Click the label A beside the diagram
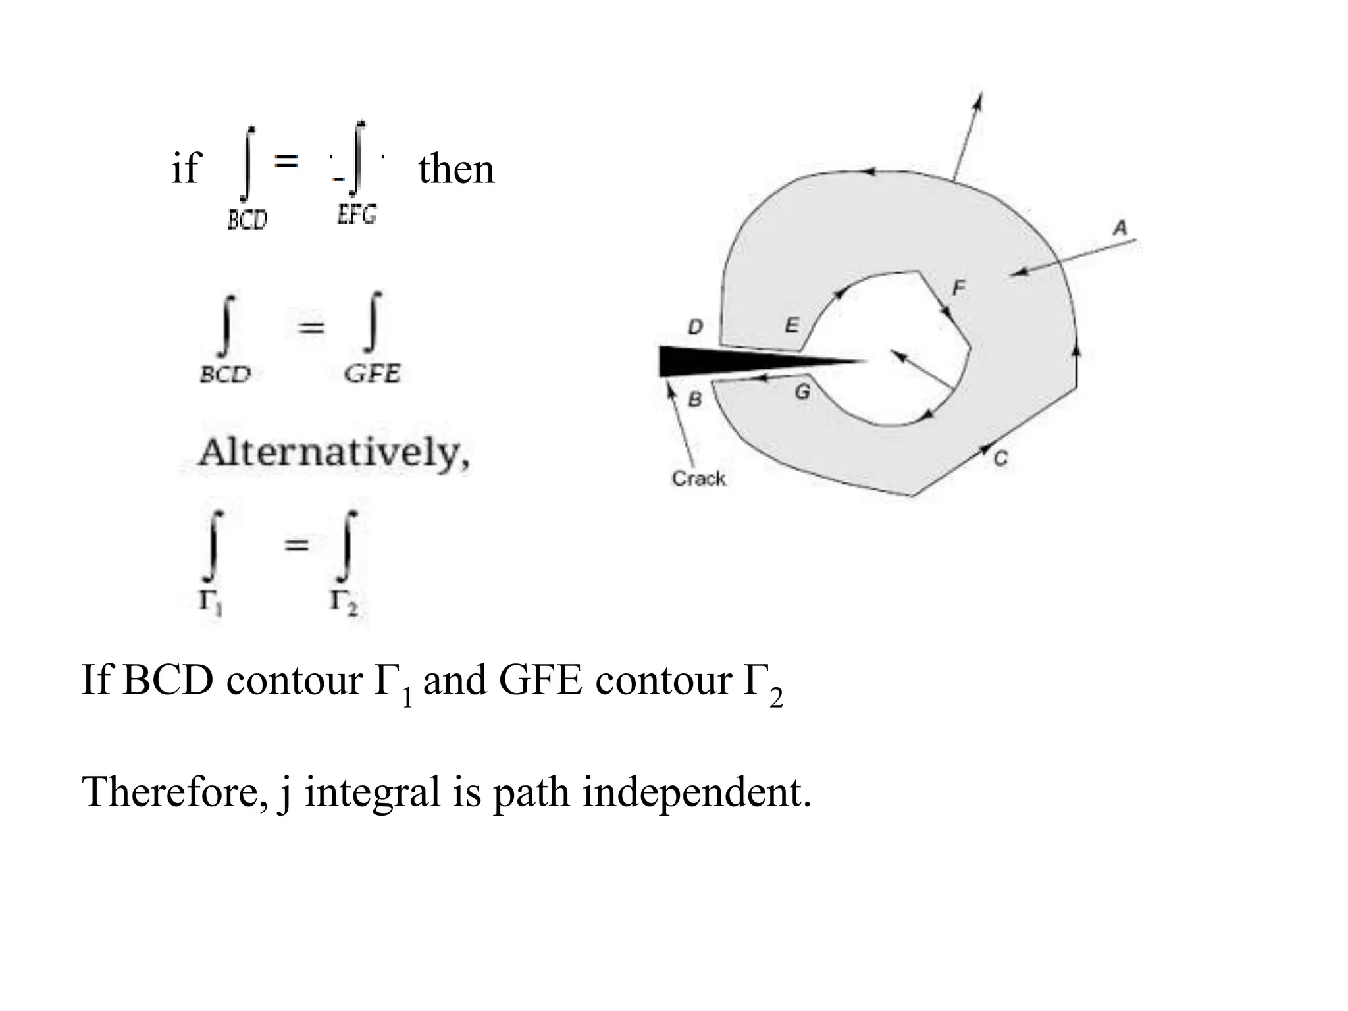pyautogui.click(x=1120, y=228)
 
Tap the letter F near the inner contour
pyautogui.click(x=959, y=287)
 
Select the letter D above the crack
pyautogui.click(x=696, y=326)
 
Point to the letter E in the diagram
pyautogui.click(x=792, y=325)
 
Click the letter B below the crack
pyautogui.click(x=694, y=400)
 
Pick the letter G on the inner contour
pyautogui.click(x=802, y=392)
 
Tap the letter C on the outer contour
pyautogui.click(x=1000, y=459)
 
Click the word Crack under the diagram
pyautogui.click(x=698, y=479)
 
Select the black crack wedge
pyautogui.click(x=724, y=361)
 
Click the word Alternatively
pyautogui.click(x=334, y=453)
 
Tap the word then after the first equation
pyautogui.click(x=456, y=168)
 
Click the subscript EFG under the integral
pyautogui.click(x=357, y=215)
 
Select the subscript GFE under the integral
pyautogui.click(x=372, y=374)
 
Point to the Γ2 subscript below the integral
pyautogui.click(x=344, y=602)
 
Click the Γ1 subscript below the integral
pyautogui.click(x=211, y=601)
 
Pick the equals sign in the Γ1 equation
pyautogui.click(x=296, y=544)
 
